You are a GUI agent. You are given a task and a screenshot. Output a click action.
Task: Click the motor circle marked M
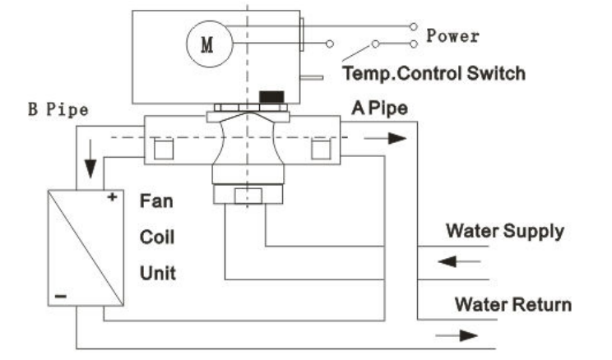(206, 42)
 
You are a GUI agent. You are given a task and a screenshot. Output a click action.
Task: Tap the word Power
(452, 36)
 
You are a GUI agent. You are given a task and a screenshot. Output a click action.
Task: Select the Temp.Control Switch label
(433, 73)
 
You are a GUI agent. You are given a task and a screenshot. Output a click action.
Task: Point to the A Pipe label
(379, 108)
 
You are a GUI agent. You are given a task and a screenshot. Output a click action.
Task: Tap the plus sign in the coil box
(109, 198)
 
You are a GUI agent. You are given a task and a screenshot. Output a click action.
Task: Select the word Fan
(156, 199)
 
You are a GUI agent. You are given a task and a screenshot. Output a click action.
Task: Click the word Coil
(156, 237)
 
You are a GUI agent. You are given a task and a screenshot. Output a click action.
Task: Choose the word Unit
(157, 272)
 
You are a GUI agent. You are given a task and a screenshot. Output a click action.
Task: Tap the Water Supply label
(505, 230)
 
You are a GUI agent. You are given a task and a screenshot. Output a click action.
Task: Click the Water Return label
(512, 305)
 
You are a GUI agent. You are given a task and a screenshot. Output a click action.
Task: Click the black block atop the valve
(271, 98)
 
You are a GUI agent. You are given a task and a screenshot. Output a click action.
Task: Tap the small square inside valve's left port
(163, 150)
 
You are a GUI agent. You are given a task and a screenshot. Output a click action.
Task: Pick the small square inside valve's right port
(321, 150)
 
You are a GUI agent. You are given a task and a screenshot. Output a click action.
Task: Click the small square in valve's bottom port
(244, 197)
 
